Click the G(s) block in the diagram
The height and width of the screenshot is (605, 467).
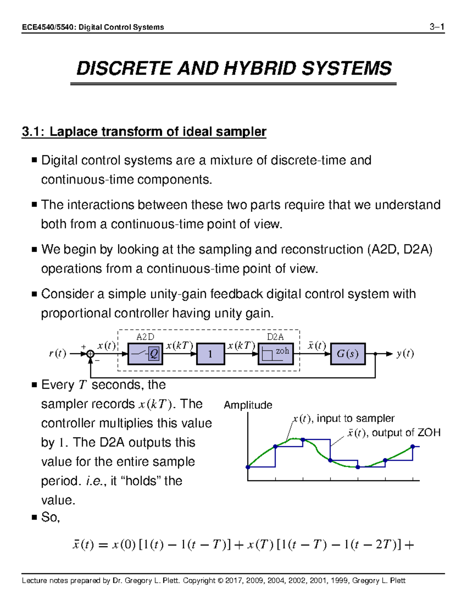[348, 354]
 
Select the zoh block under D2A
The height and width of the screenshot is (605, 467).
[276, 354]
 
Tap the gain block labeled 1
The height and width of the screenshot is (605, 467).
[210, 354]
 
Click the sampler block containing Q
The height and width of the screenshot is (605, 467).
[145, 354]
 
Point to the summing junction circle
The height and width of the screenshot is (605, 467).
[90, 354]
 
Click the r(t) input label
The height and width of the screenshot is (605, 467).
[57, 354]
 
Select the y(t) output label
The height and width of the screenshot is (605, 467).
[405, 354]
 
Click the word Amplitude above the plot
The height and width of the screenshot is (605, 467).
[248, 405]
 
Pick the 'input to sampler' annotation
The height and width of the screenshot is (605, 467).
[355, 418]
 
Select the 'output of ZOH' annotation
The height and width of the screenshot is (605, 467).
[406, 433]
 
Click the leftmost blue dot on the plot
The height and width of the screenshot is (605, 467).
[248, 467]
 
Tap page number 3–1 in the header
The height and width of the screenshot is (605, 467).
[437, 27]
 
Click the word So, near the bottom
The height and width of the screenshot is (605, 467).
[50, 517]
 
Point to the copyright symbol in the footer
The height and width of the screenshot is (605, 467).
[221, 581]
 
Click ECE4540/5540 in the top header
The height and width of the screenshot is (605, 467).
[48, 27]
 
